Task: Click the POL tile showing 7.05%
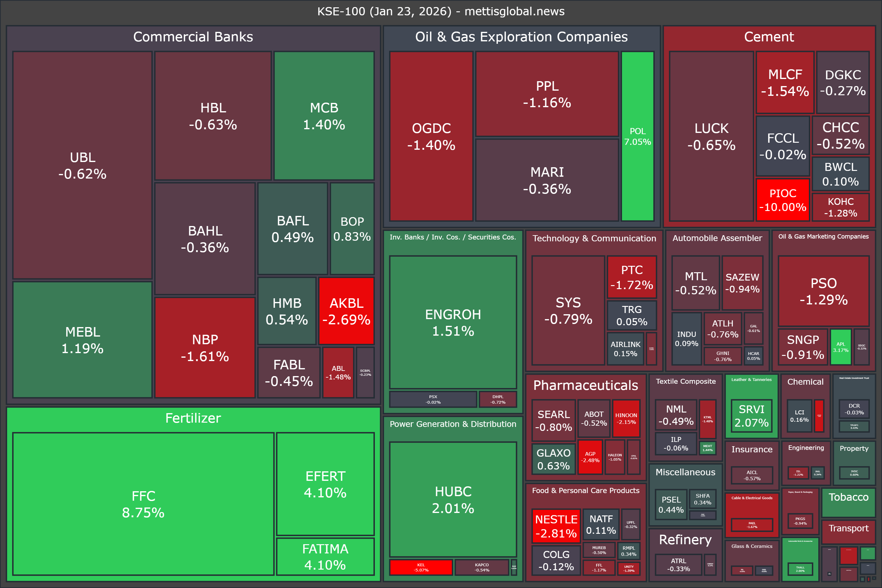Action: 638,136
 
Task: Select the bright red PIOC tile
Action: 783,200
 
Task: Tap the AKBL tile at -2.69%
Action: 346,311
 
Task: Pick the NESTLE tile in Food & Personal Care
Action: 556,526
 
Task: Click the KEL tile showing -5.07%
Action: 421,567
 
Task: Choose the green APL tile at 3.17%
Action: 840,347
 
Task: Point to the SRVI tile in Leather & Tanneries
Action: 752,416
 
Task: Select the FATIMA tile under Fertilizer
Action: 325,556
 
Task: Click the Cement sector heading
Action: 769,37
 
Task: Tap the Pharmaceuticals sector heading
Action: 585,385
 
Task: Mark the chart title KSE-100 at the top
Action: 441,11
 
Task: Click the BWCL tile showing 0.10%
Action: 840,174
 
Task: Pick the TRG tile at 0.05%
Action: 631,315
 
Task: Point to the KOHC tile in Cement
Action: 840,207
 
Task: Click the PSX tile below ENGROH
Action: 433,399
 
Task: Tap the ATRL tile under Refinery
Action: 678,564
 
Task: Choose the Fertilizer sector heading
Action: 193,418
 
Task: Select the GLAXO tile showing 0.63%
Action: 553,459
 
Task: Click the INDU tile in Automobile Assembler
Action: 686,339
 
